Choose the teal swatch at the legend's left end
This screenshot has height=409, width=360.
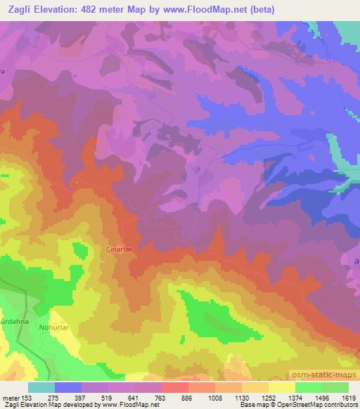(41, 387)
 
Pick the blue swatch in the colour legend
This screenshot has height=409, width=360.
(68, 387)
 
